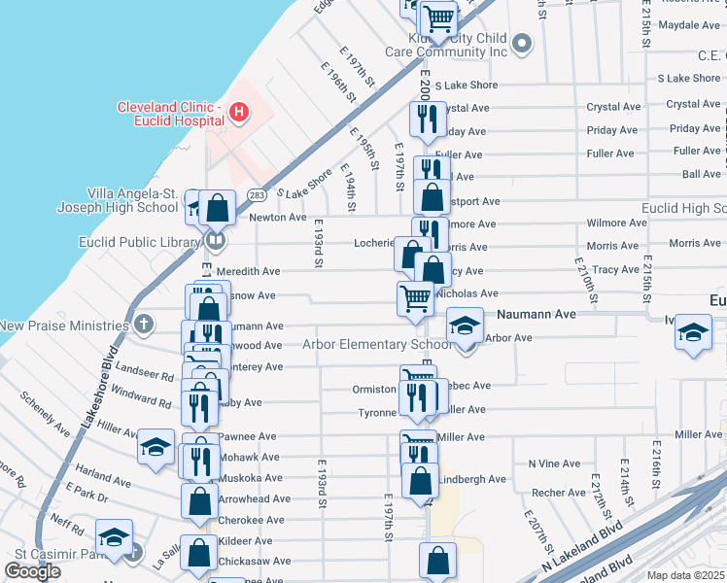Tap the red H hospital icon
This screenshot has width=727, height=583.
(238, 114)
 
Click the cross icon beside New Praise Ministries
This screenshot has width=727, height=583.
(144, 324)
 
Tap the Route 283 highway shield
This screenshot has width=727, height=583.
(250, 196)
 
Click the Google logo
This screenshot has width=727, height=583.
(32, 571)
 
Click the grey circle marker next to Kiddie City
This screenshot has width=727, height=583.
(522, 43)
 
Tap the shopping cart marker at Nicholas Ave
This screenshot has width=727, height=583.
(416, 298)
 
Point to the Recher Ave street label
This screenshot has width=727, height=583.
(558, 493)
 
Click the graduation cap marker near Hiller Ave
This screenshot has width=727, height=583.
(156, 447)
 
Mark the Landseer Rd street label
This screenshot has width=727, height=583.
(144, 374)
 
